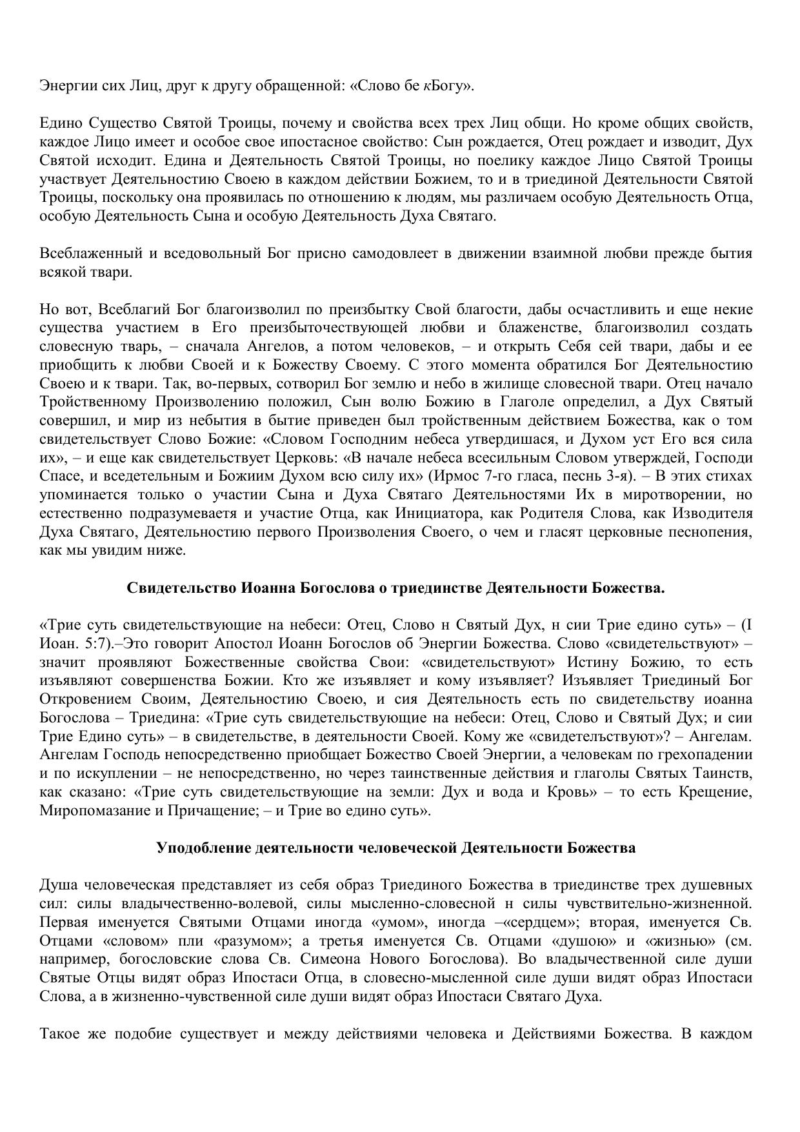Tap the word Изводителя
[x=712, y=514]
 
